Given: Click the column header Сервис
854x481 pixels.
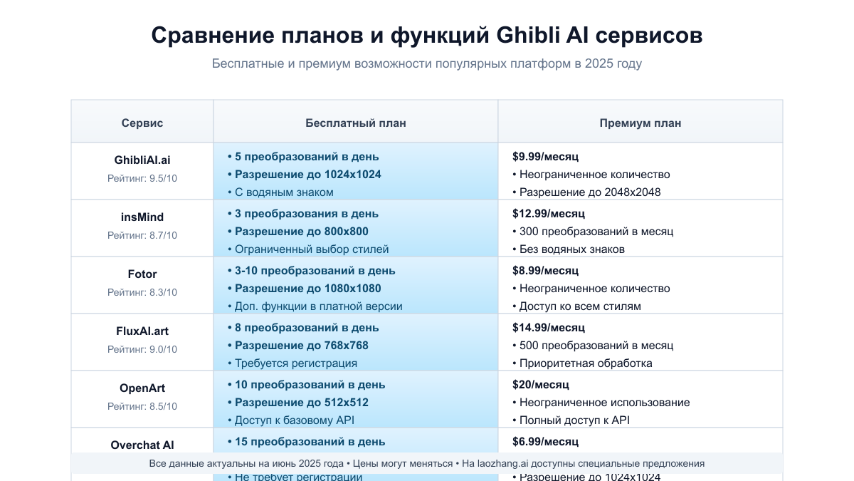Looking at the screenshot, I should pyautogui.click(x=142, y=123).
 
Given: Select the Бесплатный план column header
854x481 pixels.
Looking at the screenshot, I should pyautogui.click(x=356, y=123).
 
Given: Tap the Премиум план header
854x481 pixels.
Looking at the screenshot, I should pyautogui.click(x=640, y=123).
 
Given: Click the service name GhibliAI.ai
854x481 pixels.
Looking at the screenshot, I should pyautogui.click(x=142, y=160).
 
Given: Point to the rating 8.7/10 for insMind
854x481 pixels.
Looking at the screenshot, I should pyautogui.click(x=142, y=235).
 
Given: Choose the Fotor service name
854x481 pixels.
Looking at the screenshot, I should pyautogui.click(x=142, y=274).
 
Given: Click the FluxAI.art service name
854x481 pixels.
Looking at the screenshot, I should pyautogui.click(x=142, y=331).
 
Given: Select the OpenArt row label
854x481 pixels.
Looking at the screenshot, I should pyautogui.click(x=142, y=388).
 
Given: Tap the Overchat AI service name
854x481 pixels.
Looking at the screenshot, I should pyautogui.click(x=142, y=445).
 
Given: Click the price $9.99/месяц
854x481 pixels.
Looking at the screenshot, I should pyautogui.click(x=545, y=157).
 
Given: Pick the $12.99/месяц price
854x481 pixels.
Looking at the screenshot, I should pyautogui.click(x=548, y=214).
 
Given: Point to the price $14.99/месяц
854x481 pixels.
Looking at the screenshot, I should pyautogui.click(x=548, y=328).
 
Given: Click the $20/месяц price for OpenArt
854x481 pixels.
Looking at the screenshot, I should pyautogui.click(x=540, y=385).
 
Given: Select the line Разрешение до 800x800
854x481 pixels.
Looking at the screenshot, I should pyautogui.click(x=302, y=232).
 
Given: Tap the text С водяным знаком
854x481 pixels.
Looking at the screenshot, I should pyautogui.click(x=284, y=192).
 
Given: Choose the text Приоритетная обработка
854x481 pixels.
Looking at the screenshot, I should pyautogui.click(x=586, y=363).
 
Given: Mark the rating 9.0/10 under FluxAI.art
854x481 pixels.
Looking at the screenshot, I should pyautogui.click(x=142, y=349).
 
